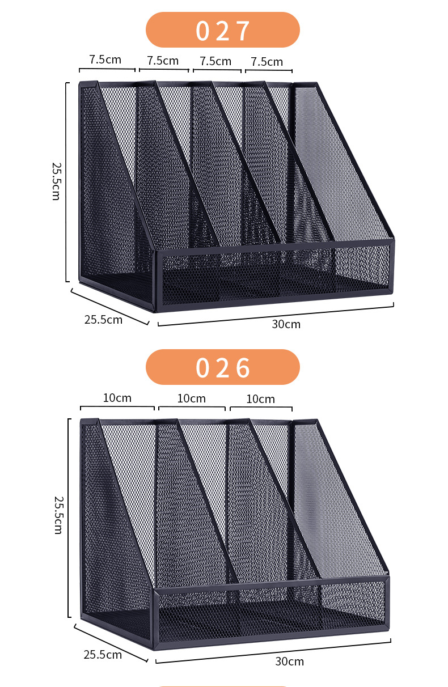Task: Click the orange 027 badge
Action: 222,30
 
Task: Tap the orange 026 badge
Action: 222,367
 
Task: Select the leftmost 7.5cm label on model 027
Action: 105,60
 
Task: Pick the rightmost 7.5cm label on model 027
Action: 267,61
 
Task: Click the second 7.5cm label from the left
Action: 163,60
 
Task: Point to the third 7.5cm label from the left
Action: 215,61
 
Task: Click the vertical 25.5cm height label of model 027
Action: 56,181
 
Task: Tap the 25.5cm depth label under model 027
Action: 103,319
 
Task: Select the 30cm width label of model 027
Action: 286,324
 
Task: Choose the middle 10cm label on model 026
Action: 191,398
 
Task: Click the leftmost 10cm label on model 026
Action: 117,398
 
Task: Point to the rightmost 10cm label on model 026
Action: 260,399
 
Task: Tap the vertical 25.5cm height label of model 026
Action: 57,515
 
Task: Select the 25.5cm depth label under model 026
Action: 103,655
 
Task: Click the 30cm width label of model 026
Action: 289,661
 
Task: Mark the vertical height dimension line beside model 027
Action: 67,181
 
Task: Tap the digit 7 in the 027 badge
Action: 243,31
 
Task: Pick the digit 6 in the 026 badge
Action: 243,368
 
